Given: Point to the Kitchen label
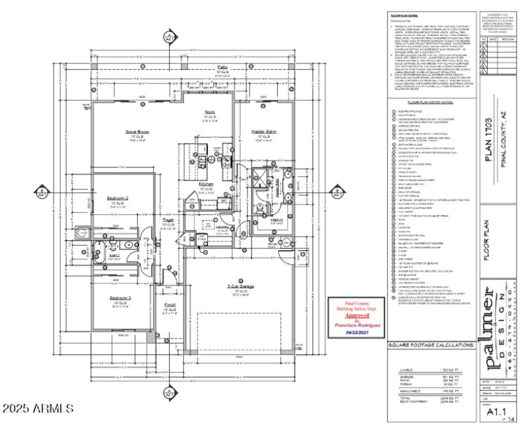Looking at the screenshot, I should tap(206, 184).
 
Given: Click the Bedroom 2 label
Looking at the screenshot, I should tap(117, 197).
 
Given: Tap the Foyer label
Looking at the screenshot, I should tap(168, 221).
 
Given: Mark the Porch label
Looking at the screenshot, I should tap(170, 305).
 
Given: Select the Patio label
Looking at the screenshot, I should tap(204, 67).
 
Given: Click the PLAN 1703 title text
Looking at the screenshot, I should tap(489, 130).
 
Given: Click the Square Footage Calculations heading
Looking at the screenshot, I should tap(431, 345).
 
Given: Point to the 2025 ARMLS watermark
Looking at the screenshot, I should tap(38, 410).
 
